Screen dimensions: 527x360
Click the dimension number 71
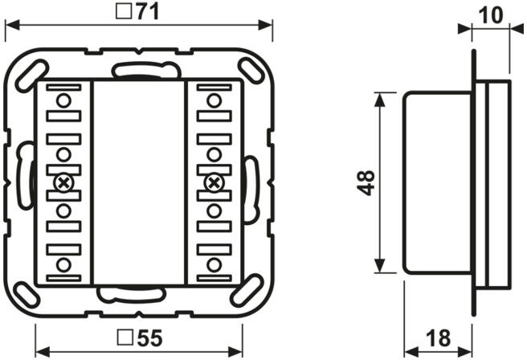(148, 12)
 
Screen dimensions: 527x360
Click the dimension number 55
(150, 337)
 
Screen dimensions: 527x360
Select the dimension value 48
(366, 182)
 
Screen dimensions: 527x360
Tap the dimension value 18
(439, 337)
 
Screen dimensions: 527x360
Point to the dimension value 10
(491, 15)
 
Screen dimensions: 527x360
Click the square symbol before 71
(124, 11)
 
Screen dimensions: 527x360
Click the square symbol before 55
(125, 337)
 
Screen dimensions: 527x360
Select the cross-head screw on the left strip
(63, 183)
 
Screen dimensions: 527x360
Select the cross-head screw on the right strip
(214, 183)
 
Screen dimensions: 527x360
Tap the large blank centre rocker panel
(138, 182)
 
